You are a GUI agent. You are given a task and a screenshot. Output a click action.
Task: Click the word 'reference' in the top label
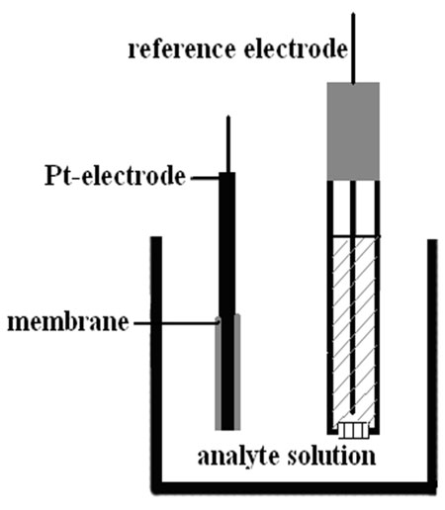(x=182, y=49)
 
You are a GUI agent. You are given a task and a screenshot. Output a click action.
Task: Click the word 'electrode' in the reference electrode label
(x=296, y=49)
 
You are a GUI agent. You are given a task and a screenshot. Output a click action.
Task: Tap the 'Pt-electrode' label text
(x=115, y=176)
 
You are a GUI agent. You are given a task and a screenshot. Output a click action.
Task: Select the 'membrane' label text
(x=68, y=322)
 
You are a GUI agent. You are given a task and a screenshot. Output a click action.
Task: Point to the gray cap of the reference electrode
(x=353, y=131)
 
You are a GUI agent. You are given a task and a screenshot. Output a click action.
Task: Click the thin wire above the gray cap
(x=353, y=48)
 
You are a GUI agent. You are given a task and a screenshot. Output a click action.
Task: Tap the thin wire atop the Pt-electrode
(x=227, y=144)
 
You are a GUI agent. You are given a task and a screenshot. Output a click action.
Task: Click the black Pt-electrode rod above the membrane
(x=227, y=244)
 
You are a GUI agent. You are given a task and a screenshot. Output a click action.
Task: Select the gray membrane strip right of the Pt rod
(x=237, y=372)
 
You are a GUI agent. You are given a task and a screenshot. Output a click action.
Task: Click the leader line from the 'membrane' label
(x=176, y=323)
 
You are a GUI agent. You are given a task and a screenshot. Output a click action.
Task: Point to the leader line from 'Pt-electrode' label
(x=205, y=178)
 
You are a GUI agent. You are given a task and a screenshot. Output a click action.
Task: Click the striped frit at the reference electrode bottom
(x=353, y=430)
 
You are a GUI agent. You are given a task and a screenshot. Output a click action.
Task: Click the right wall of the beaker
(x=432, y=363)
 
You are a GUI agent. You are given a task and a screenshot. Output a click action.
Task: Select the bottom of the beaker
(x=294, y=487)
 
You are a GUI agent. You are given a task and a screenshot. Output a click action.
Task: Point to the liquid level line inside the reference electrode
(x=354, y=236)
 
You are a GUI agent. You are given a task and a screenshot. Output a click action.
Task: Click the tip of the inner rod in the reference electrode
(x=353, y=412)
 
